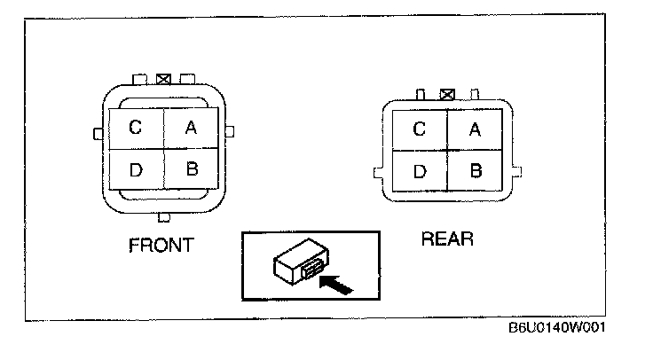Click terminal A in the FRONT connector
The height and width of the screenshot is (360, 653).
tap(191, 128)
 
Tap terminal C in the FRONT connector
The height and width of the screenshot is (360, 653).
tap(135, 128)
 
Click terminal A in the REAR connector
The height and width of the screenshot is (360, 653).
tap(475, 130)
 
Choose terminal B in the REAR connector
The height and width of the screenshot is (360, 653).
tap(476, 170)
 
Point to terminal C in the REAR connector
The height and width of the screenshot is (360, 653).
tap(420, 130)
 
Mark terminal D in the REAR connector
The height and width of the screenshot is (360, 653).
tap(420, 170)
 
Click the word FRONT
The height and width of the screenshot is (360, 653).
tap(161, 246)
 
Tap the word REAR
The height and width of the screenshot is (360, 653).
tap(448, 239)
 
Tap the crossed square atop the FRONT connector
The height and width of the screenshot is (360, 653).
tap(163, 79)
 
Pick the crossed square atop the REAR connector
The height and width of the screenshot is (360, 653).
tap(448, 91)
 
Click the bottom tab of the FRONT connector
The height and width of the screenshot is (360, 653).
tap(163, 216)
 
